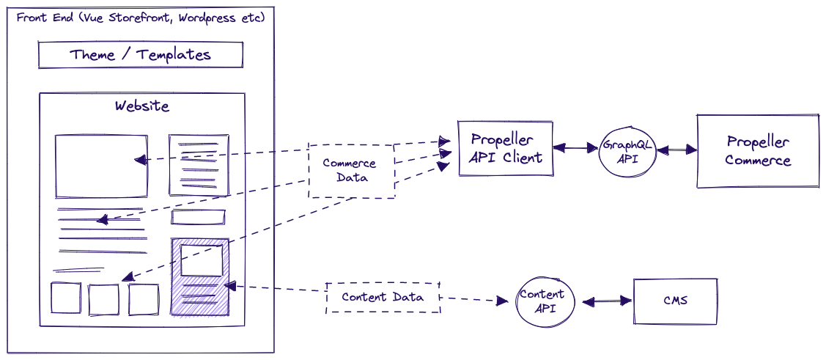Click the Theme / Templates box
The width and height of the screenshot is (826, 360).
[140, 55]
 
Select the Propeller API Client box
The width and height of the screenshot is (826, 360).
[506, 149]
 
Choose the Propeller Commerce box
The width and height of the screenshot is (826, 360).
[758, 151]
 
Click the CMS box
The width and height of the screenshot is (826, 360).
[675, 301]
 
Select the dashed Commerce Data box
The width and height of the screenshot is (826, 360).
[350, 171]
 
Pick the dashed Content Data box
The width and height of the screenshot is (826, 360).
[383, 298]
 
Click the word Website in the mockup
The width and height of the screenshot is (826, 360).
[141, 106]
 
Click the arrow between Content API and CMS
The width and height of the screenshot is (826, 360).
[603, 301]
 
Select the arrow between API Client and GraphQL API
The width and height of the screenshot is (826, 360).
[576, 149]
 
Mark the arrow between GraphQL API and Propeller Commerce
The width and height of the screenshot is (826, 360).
[676, 150]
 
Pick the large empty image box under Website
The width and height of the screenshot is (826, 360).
[101, 166]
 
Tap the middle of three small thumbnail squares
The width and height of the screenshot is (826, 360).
[103, 298]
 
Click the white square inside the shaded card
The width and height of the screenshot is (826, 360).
[202, 260]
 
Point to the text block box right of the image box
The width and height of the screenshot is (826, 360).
[198, 165]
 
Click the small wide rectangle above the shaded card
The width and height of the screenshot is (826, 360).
[198, 217]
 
